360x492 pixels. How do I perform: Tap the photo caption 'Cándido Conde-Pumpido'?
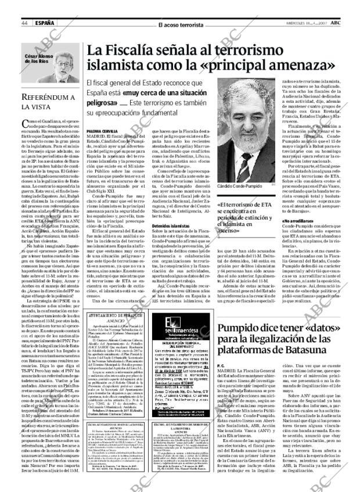[x=240, y=185]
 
